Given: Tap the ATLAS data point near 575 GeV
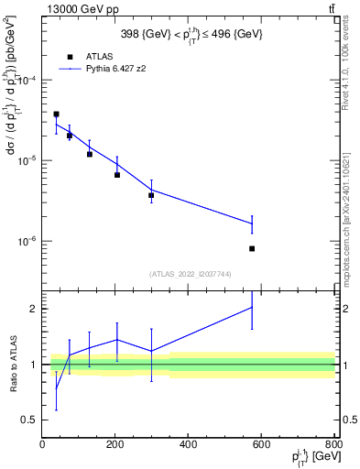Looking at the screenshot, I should point(252,248).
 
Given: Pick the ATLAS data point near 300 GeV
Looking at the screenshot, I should point(151,195).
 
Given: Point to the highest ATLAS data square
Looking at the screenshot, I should point(56,115).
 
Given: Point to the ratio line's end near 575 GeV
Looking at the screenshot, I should point(252,307).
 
